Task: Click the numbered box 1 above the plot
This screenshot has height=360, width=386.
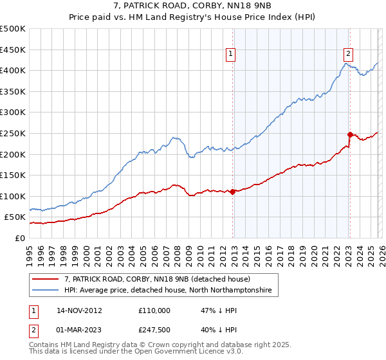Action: [x=230, y=55]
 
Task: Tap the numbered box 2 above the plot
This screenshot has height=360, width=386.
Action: [x=348, y=55]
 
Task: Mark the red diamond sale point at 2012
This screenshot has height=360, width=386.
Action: [x=232, y=192]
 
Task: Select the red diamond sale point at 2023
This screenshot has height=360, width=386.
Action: [x=350, y=134]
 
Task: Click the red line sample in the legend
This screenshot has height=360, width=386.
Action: [x=45, y=280]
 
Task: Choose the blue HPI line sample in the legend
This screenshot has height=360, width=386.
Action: [x=45, y=291]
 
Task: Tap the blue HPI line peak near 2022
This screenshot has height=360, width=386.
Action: [x=345, y=63]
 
